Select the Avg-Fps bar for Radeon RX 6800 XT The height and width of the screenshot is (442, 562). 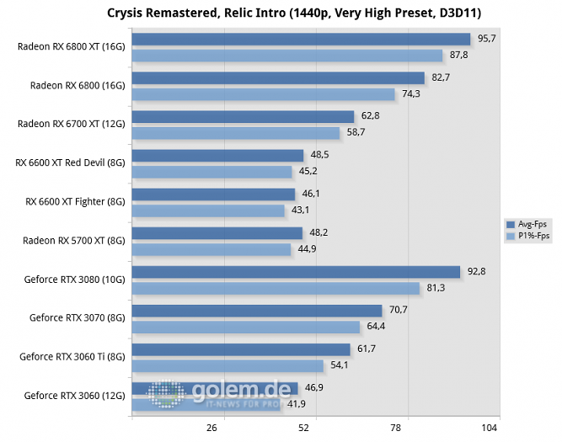click(301, 39)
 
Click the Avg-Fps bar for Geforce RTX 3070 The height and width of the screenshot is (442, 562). click(257, 311)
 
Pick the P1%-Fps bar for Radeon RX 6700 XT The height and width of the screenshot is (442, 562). click(236, 133)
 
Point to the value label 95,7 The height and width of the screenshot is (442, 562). click(486, 39)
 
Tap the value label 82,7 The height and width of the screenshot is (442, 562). click(441, 77)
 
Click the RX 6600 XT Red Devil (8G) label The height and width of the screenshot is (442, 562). click(71, 162)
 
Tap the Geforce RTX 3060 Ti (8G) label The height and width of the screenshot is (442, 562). click(72, 356)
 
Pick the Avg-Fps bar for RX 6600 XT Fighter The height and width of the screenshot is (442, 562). click(213, 194)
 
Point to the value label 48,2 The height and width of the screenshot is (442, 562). click(318, 232)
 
